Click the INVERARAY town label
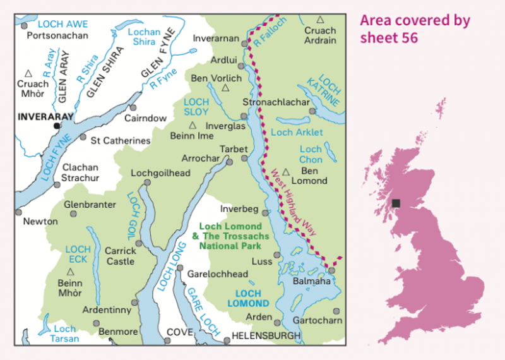coord(46,117)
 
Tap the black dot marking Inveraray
coord(57,126)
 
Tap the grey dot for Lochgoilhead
coord(147,183)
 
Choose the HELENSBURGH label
coord(266,336)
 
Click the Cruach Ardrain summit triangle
coord(321,20)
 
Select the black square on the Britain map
coord(396,203)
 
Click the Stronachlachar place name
coord(276,102)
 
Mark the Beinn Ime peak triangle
coord(193,125)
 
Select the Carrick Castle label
coord(121,256)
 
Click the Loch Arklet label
coord(296,133)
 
